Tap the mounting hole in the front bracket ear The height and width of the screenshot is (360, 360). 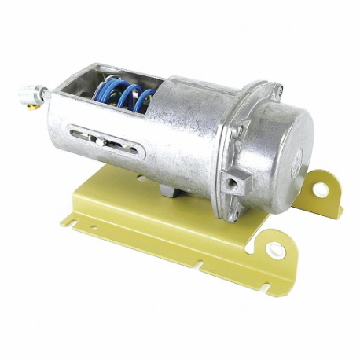(x=276, y=251)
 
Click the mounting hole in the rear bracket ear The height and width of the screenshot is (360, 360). (x=323, y=187)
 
